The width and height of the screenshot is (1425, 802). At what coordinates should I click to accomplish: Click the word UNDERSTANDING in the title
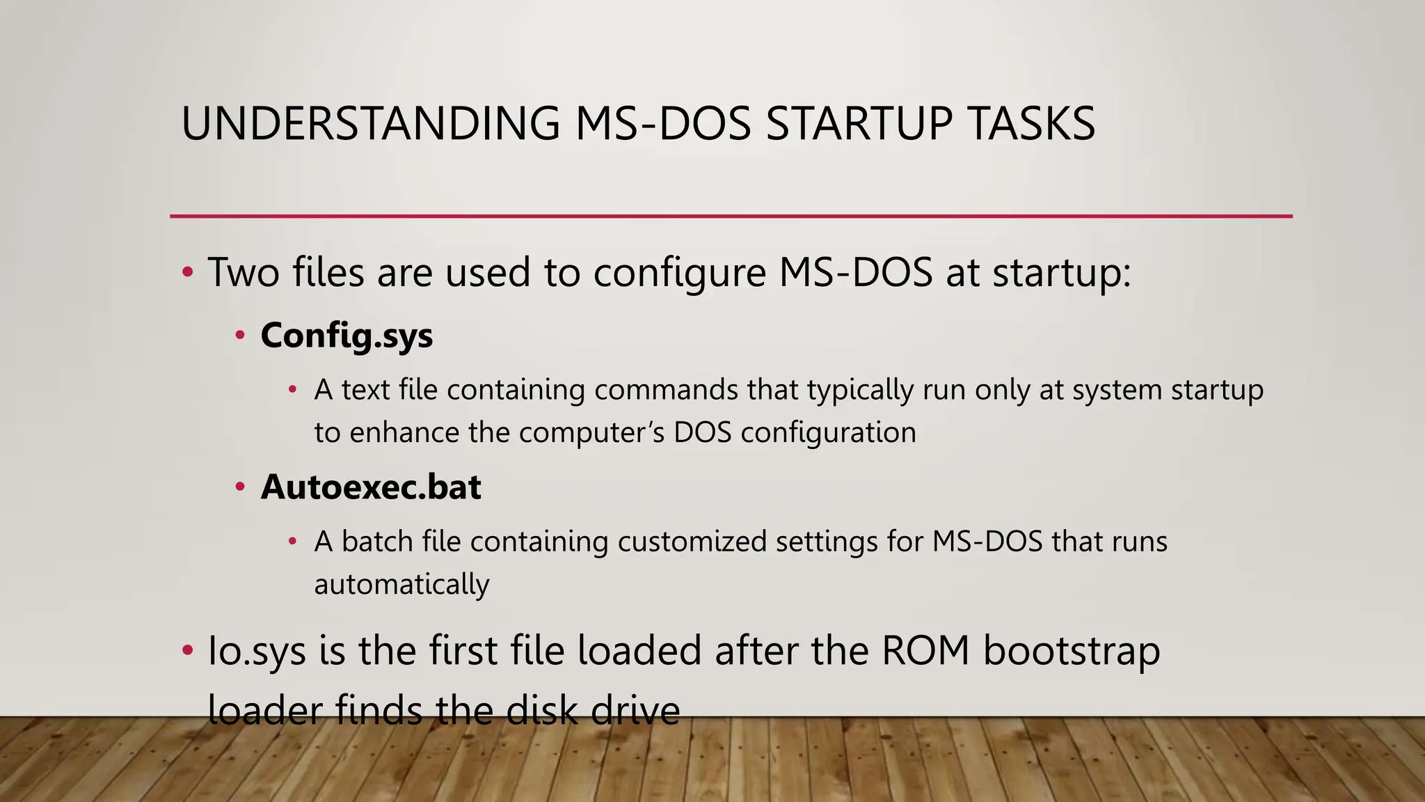click(370, 124)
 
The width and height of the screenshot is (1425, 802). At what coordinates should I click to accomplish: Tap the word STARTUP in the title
click(859, 124)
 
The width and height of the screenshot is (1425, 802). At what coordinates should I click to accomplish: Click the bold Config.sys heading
click(347, 336)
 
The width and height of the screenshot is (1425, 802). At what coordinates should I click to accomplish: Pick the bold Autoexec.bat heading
click(371, 487)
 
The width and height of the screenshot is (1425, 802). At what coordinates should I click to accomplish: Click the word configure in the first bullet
click(679, 273)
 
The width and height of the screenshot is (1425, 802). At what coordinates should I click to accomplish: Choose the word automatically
click(401, 585)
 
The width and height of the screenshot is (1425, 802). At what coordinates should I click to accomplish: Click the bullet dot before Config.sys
click(240, 336)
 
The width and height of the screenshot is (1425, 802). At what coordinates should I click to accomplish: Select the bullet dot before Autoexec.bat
click(240, 487)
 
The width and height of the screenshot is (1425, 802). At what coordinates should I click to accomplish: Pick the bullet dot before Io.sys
click(187, 652)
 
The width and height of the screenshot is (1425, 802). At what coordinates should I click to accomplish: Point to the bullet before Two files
click(187, 272)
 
